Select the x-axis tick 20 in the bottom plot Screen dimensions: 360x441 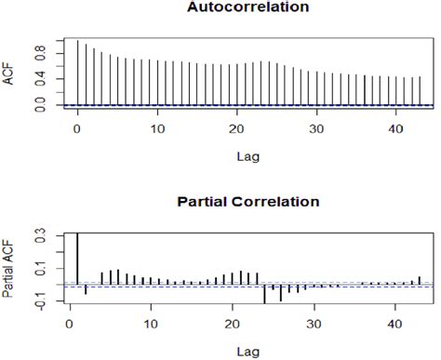click(231, 324)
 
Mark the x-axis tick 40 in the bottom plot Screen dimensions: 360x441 click(394, 324)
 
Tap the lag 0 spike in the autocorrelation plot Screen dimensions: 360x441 click(77, 73)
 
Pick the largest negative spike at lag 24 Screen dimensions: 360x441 click(264, 294)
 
